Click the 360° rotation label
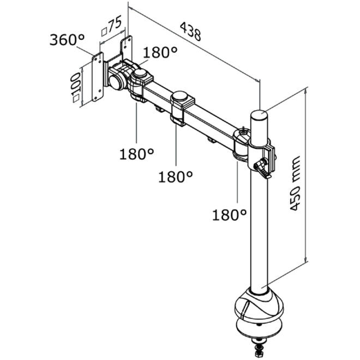[x=67, y=40]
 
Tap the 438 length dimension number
[x=191, y=32]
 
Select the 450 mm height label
[x=295, y=183]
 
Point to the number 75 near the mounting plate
[x=115, y=25]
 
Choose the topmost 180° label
[x=160, y=52]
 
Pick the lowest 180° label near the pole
[x=229, y=215]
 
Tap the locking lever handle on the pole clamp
[x=262, y=170]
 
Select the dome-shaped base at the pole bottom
[x=259, y=303]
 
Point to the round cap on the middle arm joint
[x=180, y=96]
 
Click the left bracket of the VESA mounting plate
[x=98, y=77]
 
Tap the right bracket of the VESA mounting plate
[x=127, y=47]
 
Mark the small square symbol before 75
[x=104, y=32]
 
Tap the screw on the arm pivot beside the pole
[x=243, y=132]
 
